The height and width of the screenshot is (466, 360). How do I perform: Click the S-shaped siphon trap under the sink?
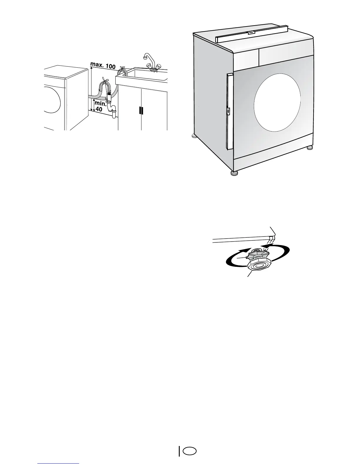coord(112,109)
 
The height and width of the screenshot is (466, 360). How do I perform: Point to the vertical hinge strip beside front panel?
coord(229,111)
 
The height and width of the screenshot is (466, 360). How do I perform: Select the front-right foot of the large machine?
coord(310,148)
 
